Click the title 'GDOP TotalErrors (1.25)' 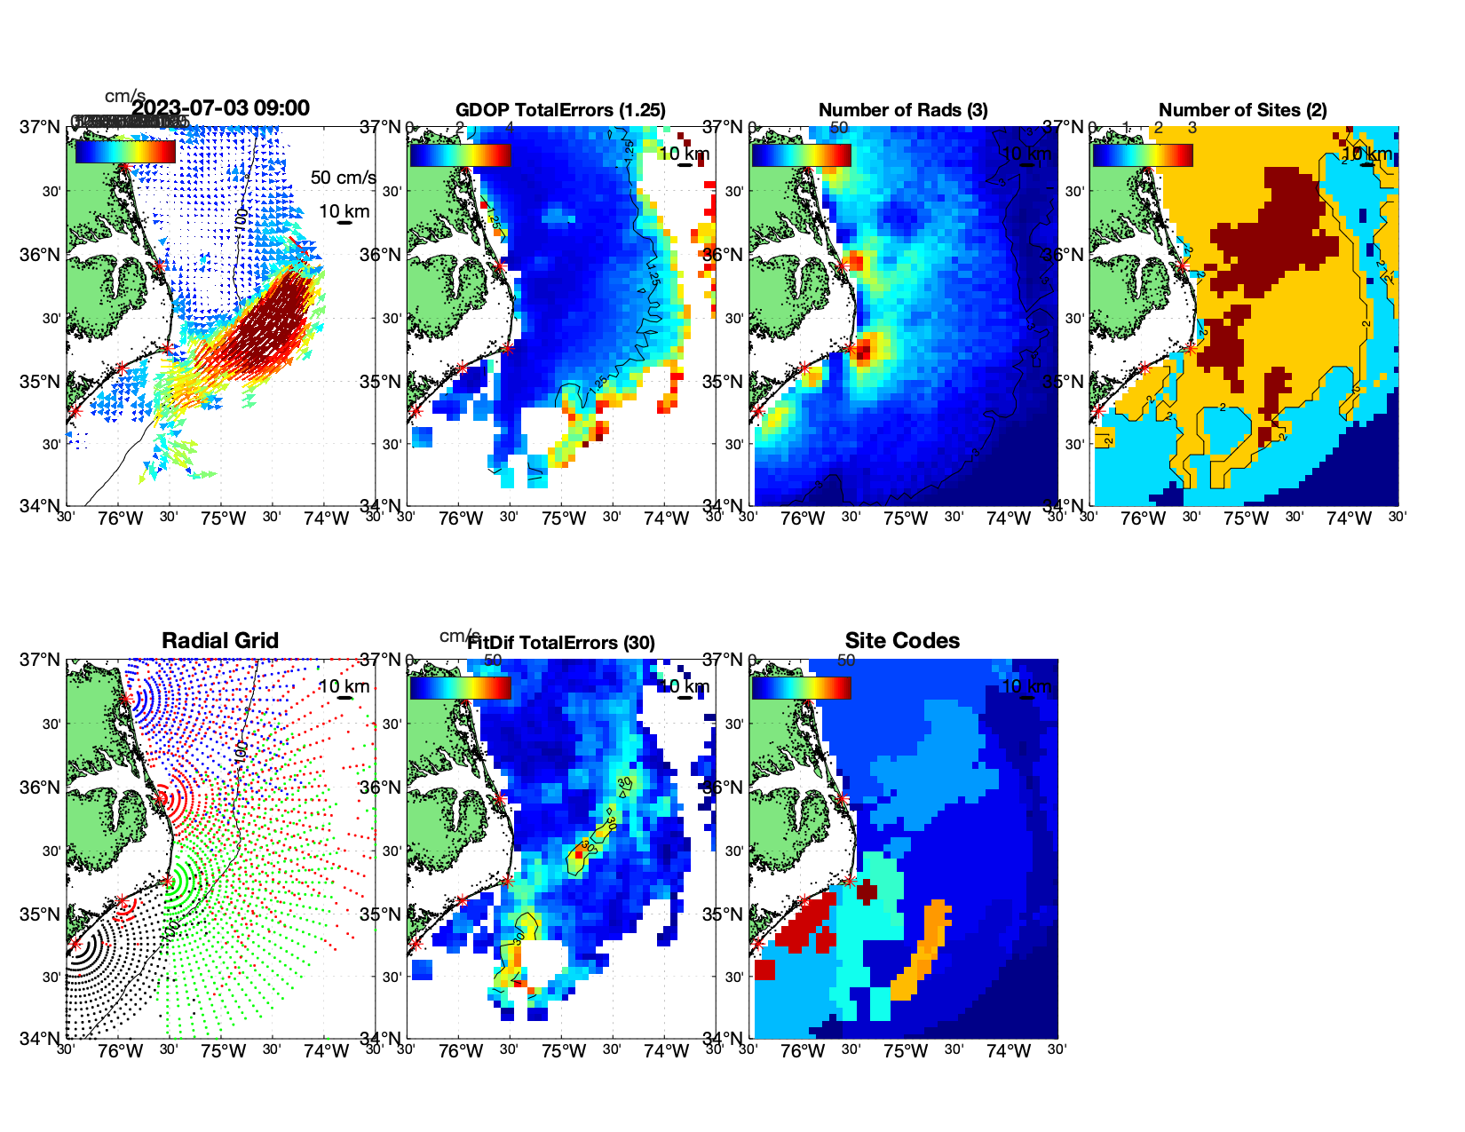[560, 110]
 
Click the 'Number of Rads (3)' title [902, 110]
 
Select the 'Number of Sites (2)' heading [1242, 110]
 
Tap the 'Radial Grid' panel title [220, 641]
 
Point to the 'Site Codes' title [902, 641]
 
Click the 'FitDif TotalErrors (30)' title [561, 643]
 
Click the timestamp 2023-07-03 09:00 [221, 108]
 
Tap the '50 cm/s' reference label [343, 178]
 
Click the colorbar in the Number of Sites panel [1143, 154]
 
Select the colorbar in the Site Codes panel [801, 687]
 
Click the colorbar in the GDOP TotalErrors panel [460, 154]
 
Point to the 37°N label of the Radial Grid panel [40, 660]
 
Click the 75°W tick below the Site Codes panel [905, 1051]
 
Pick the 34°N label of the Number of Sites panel [1063, 506]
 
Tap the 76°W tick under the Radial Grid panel [121, 1051]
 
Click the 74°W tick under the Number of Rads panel [1008, 519]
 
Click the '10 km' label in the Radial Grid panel [344, 686]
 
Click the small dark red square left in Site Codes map [764, 969]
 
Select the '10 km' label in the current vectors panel [344, 211]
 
